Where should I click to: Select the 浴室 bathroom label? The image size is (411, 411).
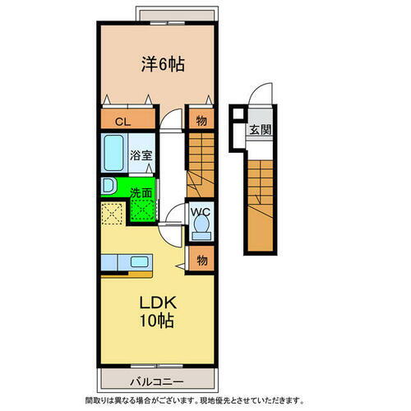pyautogui.click(x=141, y=155)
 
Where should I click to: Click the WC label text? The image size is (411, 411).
pyautogui.click(x=201, y=211)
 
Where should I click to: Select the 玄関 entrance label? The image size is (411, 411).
pyautogui.click(x=261, y=129)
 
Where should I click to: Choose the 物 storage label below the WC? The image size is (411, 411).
pyautogui.click(x=201, y=261)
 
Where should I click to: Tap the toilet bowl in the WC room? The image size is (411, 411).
pyautogui.click(x=201, y=229)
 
